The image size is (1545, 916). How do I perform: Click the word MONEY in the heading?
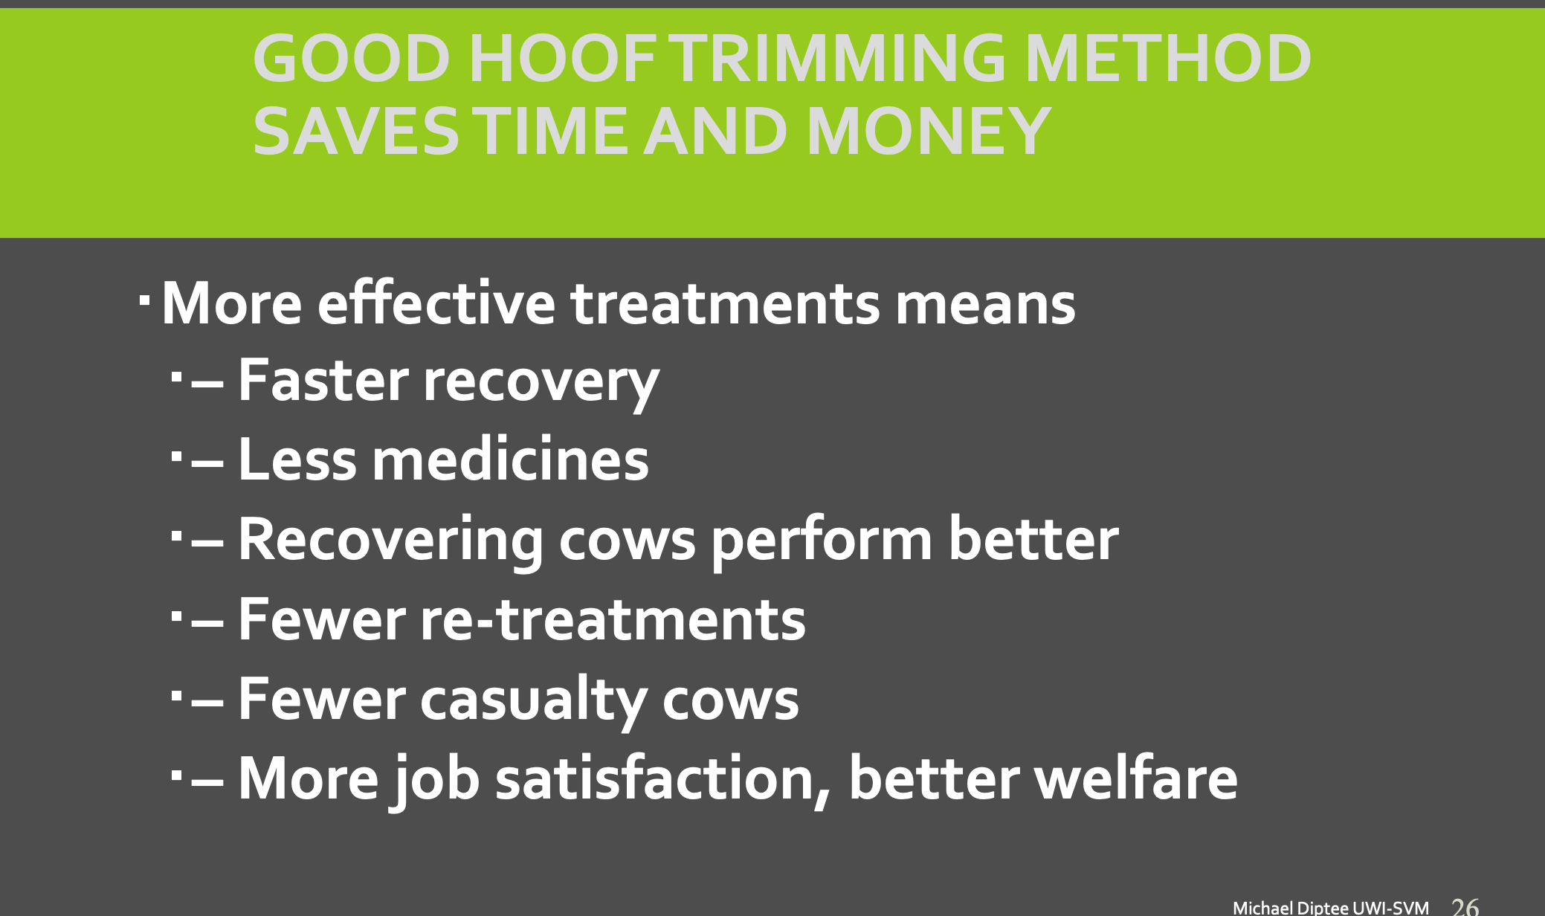(x=929, y=131)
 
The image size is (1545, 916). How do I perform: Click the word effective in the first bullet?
(x=436, y=303)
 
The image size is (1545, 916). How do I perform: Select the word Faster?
(x=323, y=381)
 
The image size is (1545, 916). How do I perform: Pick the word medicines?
(x=511, y=459)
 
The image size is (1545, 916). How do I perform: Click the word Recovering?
(x=391, y=540)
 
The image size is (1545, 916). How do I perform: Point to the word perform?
(x=822, y=540)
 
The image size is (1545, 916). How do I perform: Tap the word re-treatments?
(x=613, y=620)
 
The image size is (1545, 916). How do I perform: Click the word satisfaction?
(x=663, y=778)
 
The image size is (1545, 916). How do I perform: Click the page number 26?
(x=1465, y=907)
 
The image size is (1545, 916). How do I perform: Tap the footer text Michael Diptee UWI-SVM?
(x=1331, y=908)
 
